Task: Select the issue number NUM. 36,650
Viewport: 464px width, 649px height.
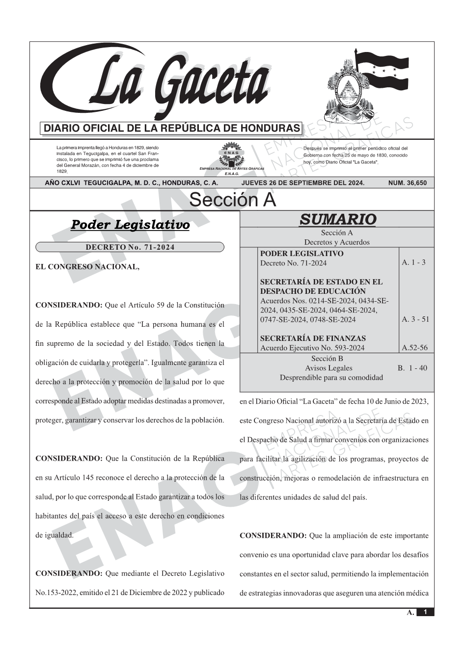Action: coord(407,183)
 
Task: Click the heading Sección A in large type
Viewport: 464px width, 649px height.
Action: coord(232,200)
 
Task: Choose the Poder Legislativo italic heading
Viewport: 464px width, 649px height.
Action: coord(130,225)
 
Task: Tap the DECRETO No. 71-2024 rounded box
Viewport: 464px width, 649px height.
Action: coord(130,247)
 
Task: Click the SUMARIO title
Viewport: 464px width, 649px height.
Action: coord(337,219)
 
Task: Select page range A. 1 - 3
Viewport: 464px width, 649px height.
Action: coord(413,262)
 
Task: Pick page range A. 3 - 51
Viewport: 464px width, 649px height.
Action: coord(415,319)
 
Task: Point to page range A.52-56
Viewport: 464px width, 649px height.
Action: coord(414,348)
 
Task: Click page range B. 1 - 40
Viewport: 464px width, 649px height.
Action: coord(412,368)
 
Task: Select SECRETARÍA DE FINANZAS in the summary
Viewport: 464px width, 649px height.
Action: coord(313,338)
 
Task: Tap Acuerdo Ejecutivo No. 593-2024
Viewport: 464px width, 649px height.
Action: coord(312,348)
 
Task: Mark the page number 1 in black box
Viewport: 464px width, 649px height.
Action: coord(425,612)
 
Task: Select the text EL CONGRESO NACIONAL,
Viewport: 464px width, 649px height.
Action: coord(88,267)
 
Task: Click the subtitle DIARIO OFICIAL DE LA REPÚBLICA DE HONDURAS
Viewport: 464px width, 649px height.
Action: coord(172,129)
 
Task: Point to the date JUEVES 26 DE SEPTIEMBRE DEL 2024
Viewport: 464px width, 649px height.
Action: coord(302,183)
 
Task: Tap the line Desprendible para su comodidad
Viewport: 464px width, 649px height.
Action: coord(331,377)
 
